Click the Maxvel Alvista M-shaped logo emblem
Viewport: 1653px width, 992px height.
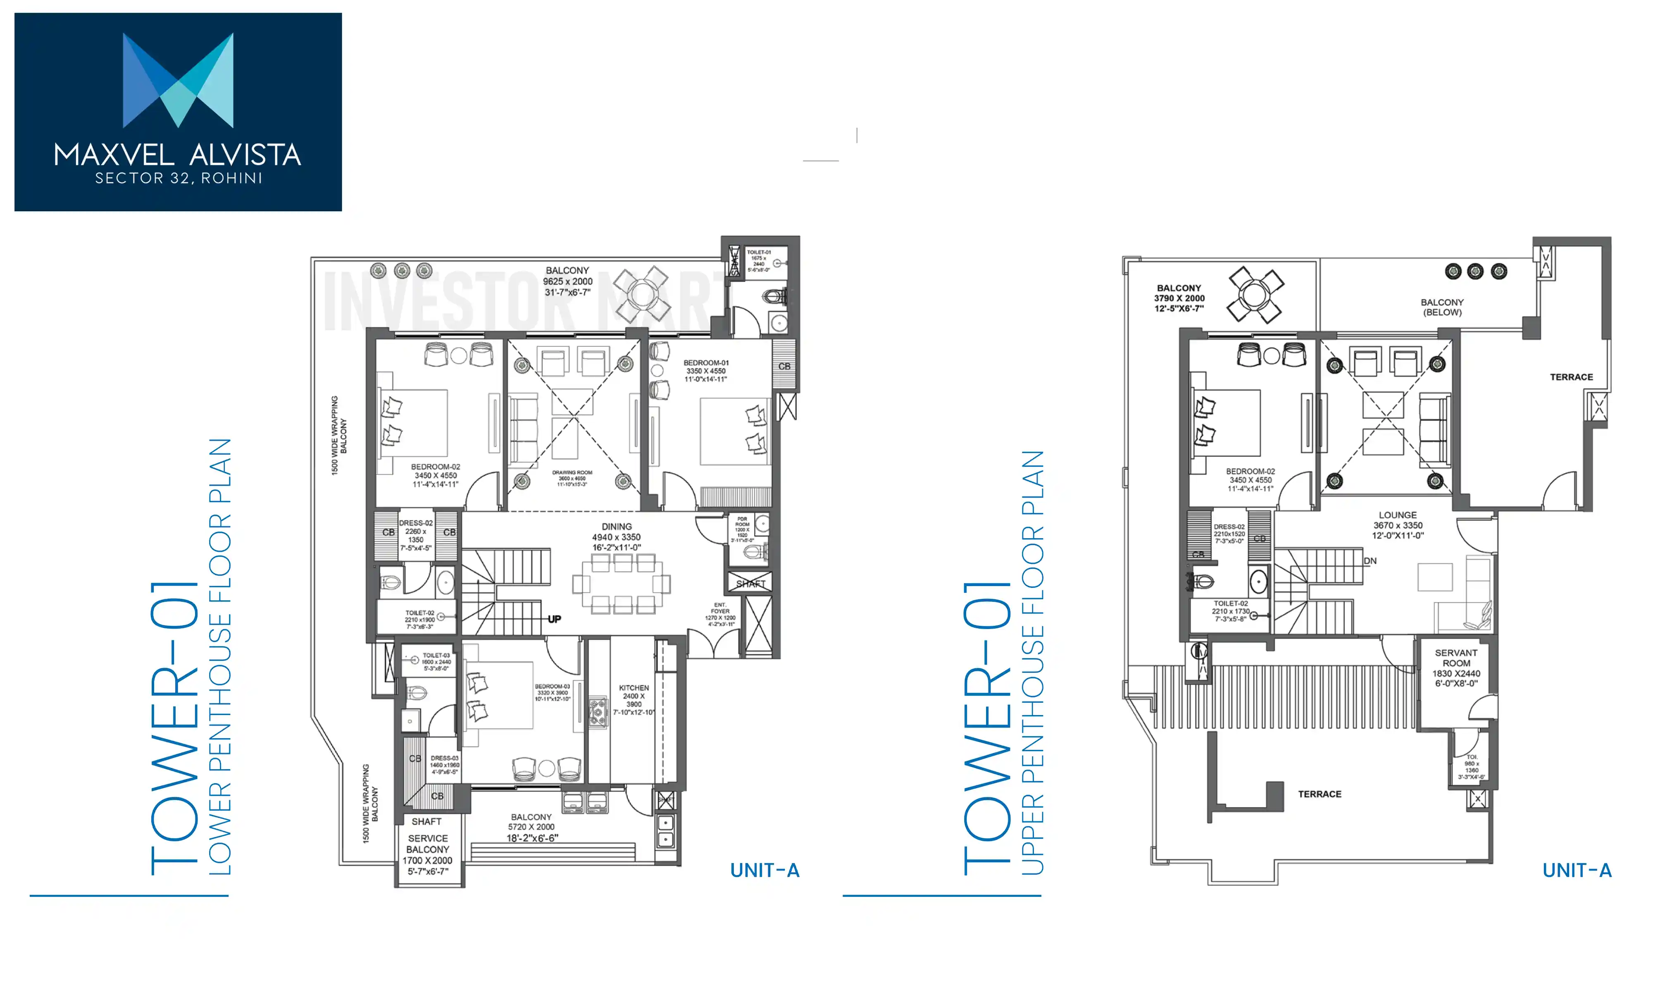pyautogui.click(x=178, y=80)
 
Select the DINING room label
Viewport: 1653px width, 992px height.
pyautogui.click(x=616, y=527)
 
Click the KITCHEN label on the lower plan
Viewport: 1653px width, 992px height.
pyautogui.click(x=634, y=688)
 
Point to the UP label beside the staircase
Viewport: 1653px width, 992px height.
pyautogui.click(x=554, y=619)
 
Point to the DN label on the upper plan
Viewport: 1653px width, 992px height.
pyautogui.click(x=1370, y=561)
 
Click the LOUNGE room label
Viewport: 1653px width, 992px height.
pyautogui.click(x=1397, y=515)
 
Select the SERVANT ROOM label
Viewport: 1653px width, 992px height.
pyautogui.click(x=1456, y=658)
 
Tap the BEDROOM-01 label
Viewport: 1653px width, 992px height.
pyautogui.click(x=705, y=363)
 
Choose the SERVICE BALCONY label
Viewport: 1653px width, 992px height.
pyautogui.click(x=428, y=844)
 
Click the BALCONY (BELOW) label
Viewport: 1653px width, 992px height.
pyautogui.click(x=1442, y=308)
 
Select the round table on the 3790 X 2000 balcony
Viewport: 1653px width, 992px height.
pyautogui.click(x=1254, y=295)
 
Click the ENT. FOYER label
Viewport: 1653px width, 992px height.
pyautogui.click(x=719, y=608)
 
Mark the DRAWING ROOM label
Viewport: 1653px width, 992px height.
pyautogui.click(x=572, y=472)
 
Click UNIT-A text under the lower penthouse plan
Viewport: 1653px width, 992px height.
pyautogui.click(x=765, y=870)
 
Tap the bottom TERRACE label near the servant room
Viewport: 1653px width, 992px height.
pyautogui.click(x=1319, y=794)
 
